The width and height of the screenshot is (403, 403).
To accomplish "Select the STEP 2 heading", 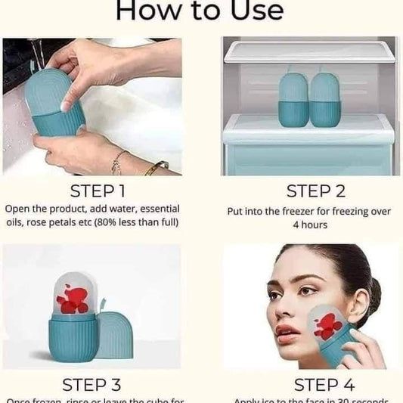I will pos(316,191).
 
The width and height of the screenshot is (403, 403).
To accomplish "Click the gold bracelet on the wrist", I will pos(157,167).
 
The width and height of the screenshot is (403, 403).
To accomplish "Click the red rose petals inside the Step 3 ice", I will pos(74,299).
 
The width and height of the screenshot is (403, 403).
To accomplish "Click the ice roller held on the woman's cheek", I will pos(330,333).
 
